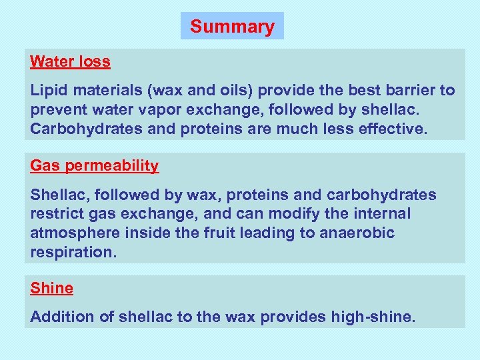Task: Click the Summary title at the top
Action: [x=232, y=27]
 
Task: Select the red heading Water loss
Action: [x=70, y=62]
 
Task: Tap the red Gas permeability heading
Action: [x=95, y=166]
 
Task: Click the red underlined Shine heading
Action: [x=51, y=289]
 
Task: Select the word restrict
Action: [x=56, y=214]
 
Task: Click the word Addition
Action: [x=62, y=317]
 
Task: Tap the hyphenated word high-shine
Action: [x=372, y=317]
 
